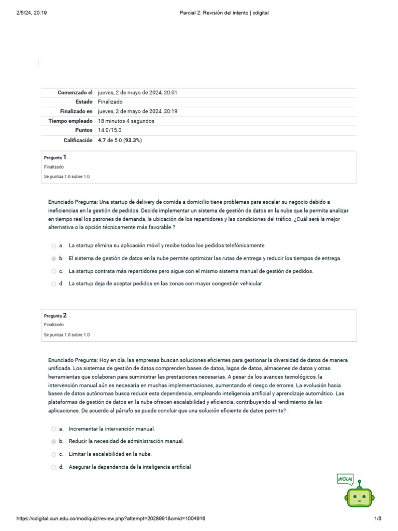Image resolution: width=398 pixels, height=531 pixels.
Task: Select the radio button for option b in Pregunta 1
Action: click(54, 258)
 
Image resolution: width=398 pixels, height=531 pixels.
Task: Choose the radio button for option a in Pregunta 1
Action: click(54, 245)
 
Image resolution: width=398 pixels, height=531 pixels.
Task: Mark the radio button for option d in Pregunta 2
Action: click(54, 467)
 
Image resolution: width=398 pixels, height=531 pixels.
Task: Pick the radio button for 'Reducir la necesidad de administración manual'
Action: click(54, 441)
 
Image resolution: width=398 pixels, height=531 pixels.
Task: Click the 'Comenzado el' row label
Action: click(75, 92)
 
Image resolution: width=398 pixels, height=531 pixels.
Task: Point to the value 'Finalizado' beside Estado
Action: click(110, 102)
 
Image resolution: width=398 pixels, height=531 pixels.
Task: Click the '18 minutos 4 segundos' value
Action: click(126, 121)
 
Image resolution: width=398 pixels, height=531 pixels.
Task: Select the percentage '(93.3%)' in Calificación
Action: click(133, 140)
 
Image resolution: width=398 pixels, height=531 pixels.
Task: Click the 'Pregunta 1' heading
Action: click(55, 157)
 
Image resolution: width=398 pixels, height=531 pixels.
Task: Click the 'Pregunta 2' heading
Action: click(55, 315)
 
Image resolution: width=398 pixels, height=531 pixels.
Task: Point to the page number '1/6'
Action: click(377, 519)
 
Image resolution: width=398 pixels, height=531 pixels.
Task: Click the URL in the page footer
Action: click(114, 519)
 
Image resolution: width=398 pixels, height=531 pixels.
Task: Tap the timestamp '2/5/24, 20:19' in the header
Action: click(32, 12)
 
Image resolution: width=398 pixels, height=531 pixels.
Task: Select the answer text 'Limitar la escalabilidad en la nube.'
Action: click(110, 454)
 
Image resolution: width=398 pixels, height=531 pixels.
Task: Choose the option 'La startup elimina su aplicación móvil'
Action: click(166, 245)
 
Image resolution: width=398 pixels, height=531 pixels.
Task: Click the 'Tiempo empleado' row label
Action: click(70, 121)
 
